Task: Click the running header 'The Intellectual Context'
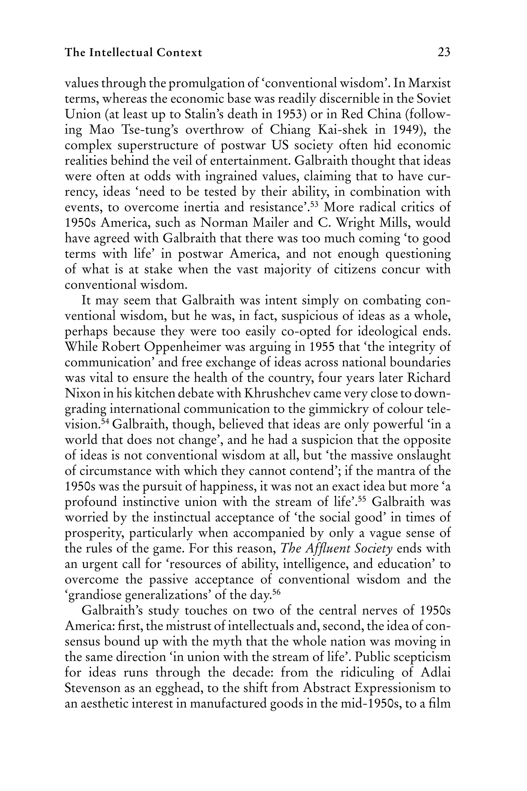click(134, 53)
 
